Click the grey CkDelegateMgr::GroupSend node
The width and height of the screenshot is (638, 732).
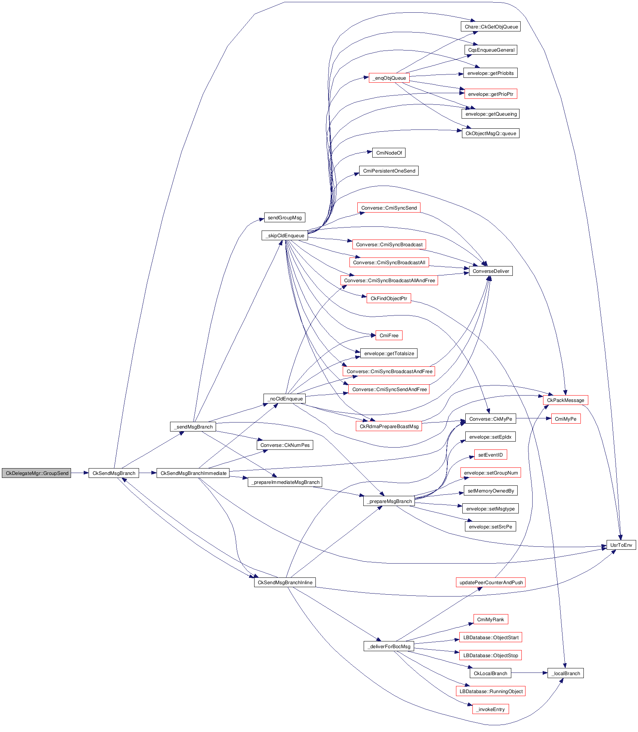pyautogui.click(x=37, y=473)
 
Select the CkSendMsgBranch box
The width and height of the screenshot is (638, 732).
pyautogui.click(x=114, y=473)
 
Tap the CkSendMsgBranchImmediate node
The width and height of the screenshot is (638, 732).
pyautogui.click(x=193, y=473)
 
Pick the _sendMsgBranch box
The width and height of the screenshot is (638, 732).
pyautogui.click(x=193, y=427)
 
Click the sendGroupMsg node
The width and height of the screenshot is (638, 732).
pyautogui.click(x=284, y=217)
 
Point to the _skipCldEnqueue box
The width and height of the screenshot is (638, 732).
pyautogui.click(x=285, y=235)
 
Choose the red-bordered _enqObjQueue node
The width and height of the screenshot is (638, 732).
pyautogui.click(x=389, y=78)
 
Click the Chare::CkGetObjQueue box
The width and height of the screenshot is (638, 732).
pyautogui.click(x=491, y=27)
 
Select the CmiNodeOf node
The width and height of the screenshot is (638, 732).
pyautogui.click(x=389, y=153)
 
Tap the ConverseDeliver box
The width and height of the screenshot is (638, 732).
pyautogui.click(x=490, y=271)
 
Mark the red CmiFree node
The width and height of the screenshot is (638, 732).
pyautogui.click(x=389, y=335)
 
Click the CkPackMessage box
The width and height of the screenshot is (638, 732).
pyautogui.click(x=565, y=400)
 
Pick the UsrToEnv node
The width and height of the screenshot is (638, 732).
pyautogui.click(x=621, y=545)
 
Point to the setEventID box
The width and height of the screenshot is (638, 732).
pyautogui.click(x=490, y=455)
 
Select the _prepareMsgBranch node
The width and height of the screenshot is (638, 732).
pyautogui.click(x=389, y=501)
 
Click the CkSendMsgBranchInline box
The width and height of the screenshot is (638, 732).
pyautogui.click(x=285, y=582)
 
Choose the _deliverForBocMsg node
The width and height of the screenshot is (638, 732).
pyautogui.click(x=389, y=646)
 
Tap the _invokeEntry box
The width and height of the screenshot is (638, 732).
pyautogui.click(x=490, y=709)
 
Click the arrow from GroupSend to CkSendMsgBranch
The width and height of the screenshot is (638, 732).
pyautogui.click(x=80, y=473)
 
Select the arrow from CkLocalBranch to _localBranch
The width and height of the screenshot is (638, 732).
pyautogui.click(x=529, y=673)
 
